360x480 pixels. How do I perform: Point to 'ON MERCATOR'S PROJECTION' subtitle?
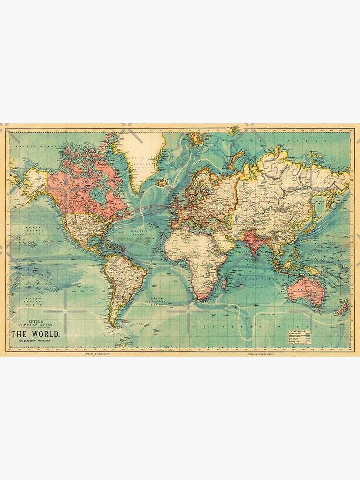click(35, 341)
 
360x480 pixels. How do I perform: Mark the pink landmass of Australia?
click(307, 283)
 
